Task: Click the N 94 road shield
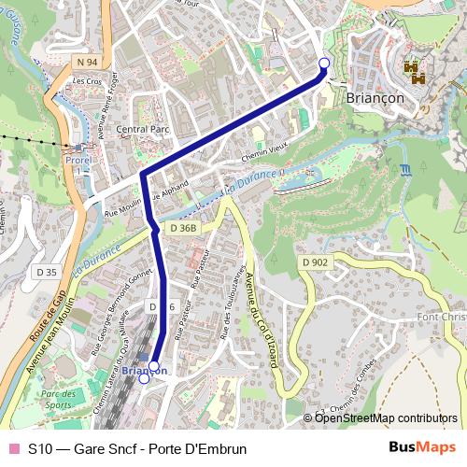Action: tap(88, 62)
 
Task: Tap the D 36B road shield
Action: tap(185, 227)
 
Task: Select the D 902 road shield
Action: tap(315, 263)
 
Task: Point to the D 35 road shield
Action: tap(46, 271)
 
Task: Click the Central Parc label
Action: tap(140, 129)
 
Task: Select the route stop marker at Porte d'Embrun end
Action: tap(324, 64)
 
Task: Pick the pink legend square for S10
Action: tap(13, 448)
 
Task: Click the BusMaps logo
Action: tap(422, 447)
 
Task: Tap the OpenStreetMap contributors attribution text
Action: tap(386, 417)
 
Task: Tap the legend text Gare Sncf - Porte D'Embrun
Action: tap(137, 448)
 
